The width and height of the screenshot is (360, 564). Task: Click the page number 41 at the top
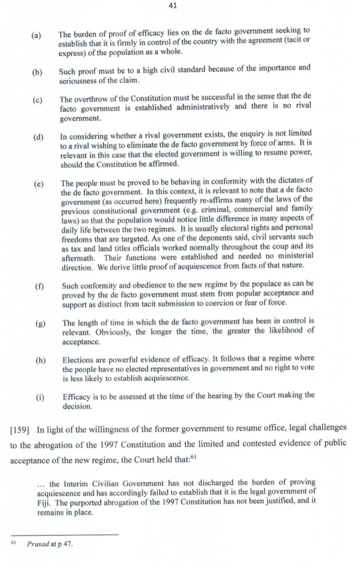(171, 6)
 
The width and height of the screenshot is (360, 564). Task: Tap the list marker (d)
(38, 138)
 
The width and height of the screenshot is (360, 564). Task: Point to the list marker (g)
(38, 322)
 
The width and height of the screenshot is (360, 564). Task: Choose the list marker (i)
(36, 395)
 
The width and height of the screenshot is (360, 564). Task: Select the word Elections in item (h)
(78, 359)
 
